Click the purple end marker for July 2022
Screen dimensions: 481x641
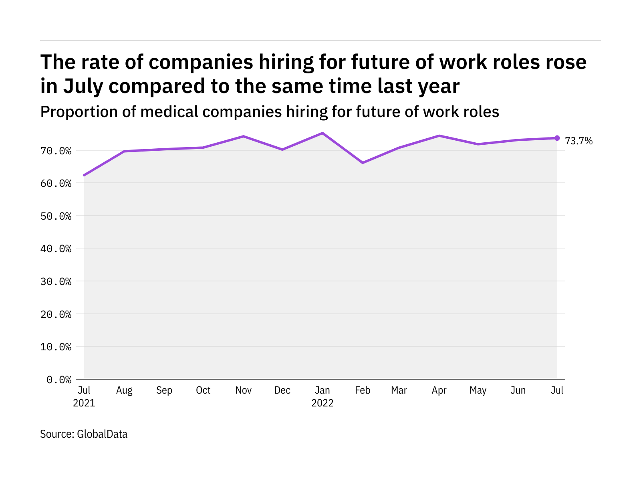(557, 138)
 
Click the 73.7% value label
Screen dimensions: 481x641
(579, 141)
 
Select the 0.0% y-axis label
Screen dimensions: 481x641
(59, 379)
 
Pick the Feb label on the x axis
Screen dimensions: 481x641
(363, 390)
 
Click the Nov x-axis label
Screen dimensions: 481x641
(243, 390)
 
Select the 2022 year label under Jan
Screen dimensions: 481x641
(322, 403)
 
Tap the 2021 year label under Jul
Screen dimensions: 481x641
(84, 403)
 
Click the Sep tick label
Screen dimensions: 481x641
(164, 390)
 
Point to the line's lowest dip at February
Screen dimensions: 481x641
(363, 163)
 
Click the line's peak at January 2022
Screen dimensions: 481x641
(322, 133)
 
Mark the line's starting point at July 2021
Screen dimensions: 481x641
(84, 175)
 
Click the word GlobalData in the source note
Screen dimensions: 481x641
(102, 434)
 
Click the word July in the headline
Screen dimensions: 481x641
(83, 86)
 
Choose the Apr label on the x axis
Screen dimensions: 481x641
(439, 390)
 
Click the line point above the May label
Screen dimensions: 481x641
(478, 144)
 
